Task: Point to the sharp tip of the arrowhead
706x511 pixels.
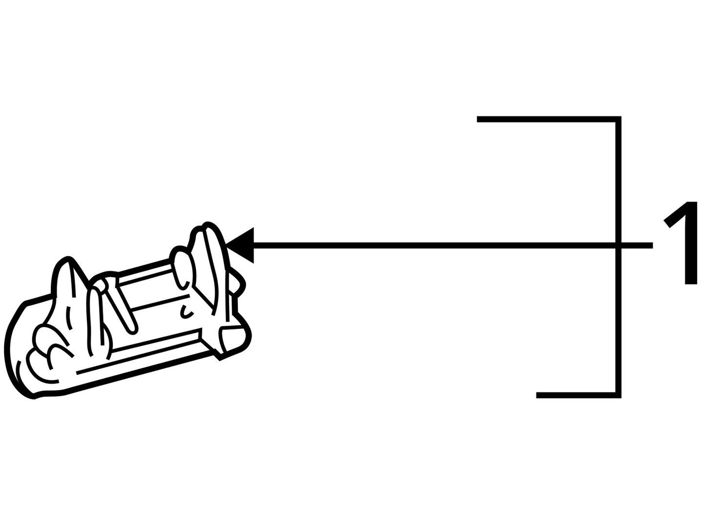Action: pyautogui.click(x=226, y=245)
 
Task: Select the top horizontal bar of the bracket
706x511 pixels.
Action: pyautogui.click(x=549, y=119)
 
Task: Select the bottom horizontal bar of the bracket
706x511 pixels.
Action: pyautogui.click(x=578, y=395)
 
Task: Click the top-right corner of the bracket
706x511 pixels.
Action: pyautogui.click(x=619, y=119)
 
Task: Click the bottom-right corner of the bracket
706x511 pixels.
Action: pyautogui.click(x=619, y=395)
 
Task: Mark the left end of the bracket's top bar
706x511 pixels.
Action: pyautogui.click(x=477, y=119)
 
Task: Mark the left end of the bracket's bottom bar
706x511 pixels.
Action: pyautogui.click(x=537, y=395)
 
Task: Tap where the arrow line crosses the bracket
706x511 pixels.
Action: pyautogui.click(x=619, y=245)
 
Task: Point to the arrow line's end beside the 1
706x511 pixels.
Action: pyautogui.click(x=652, y=245)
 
